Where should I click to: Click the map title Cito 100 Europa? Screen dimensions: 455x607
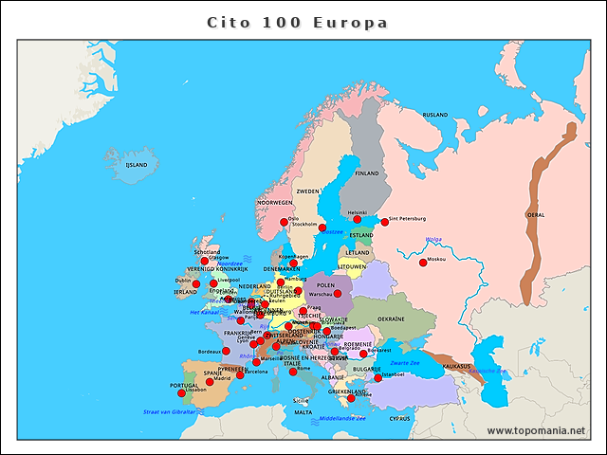(298, 22)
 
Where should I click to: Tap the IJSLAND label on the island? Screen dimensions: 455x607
(137, 164)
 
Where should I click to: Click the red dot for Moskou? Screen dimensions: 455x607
(422, 263)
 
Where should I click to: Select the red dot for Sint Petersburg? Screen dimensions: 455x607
(384, 222)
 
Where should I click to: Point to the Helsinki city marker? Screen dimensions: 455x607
(358, 219)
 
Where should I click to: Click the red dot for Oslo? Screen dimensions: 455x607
(284, 223)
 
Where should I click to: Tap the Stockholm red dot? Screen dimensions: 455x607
(322, 227)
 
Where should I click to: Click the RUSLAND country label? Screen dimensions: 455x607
(434, 115)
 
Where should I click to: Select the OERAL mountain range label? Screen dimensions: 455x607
(536, 215)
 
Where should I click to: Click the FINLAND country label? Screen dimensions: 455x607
(366, 173)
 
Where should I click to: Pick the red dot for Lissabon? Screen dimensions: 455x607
(181, 392)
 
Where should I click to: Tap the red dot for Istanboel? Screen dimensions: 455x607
(377, 377)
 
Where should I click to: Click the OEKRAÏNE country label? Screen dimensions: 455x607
(391, 319)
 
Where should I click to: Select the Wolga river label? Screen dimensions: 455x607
(433, 239)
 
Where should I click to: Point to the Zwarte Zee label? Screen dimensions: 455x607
(405, 363)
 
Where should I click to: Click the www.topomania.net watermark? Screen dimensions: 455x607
(536, 430)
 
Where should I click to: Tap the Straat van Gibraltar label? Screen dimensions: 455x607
(169, 412)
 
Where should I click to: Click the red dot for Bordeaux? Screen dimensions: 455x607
(226, 351)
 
